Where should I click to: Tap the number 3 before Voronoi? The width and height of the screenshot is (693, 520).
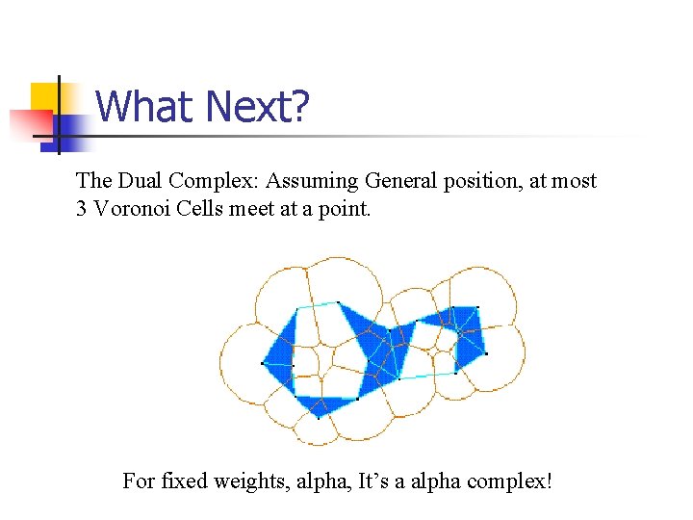pyautogui.click(x=82, y=208)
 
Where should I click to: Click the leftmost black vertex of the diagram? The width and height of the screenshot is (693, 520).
pyautogui.click(x=263, y=363)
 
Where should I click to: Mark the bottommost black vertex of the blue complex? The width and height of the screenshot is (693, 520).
pyautogui.click(x=319, y=418)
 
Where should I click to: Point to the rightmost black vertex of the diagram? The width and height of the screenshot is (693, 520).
pyautogui.click(x=486, y=353)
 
